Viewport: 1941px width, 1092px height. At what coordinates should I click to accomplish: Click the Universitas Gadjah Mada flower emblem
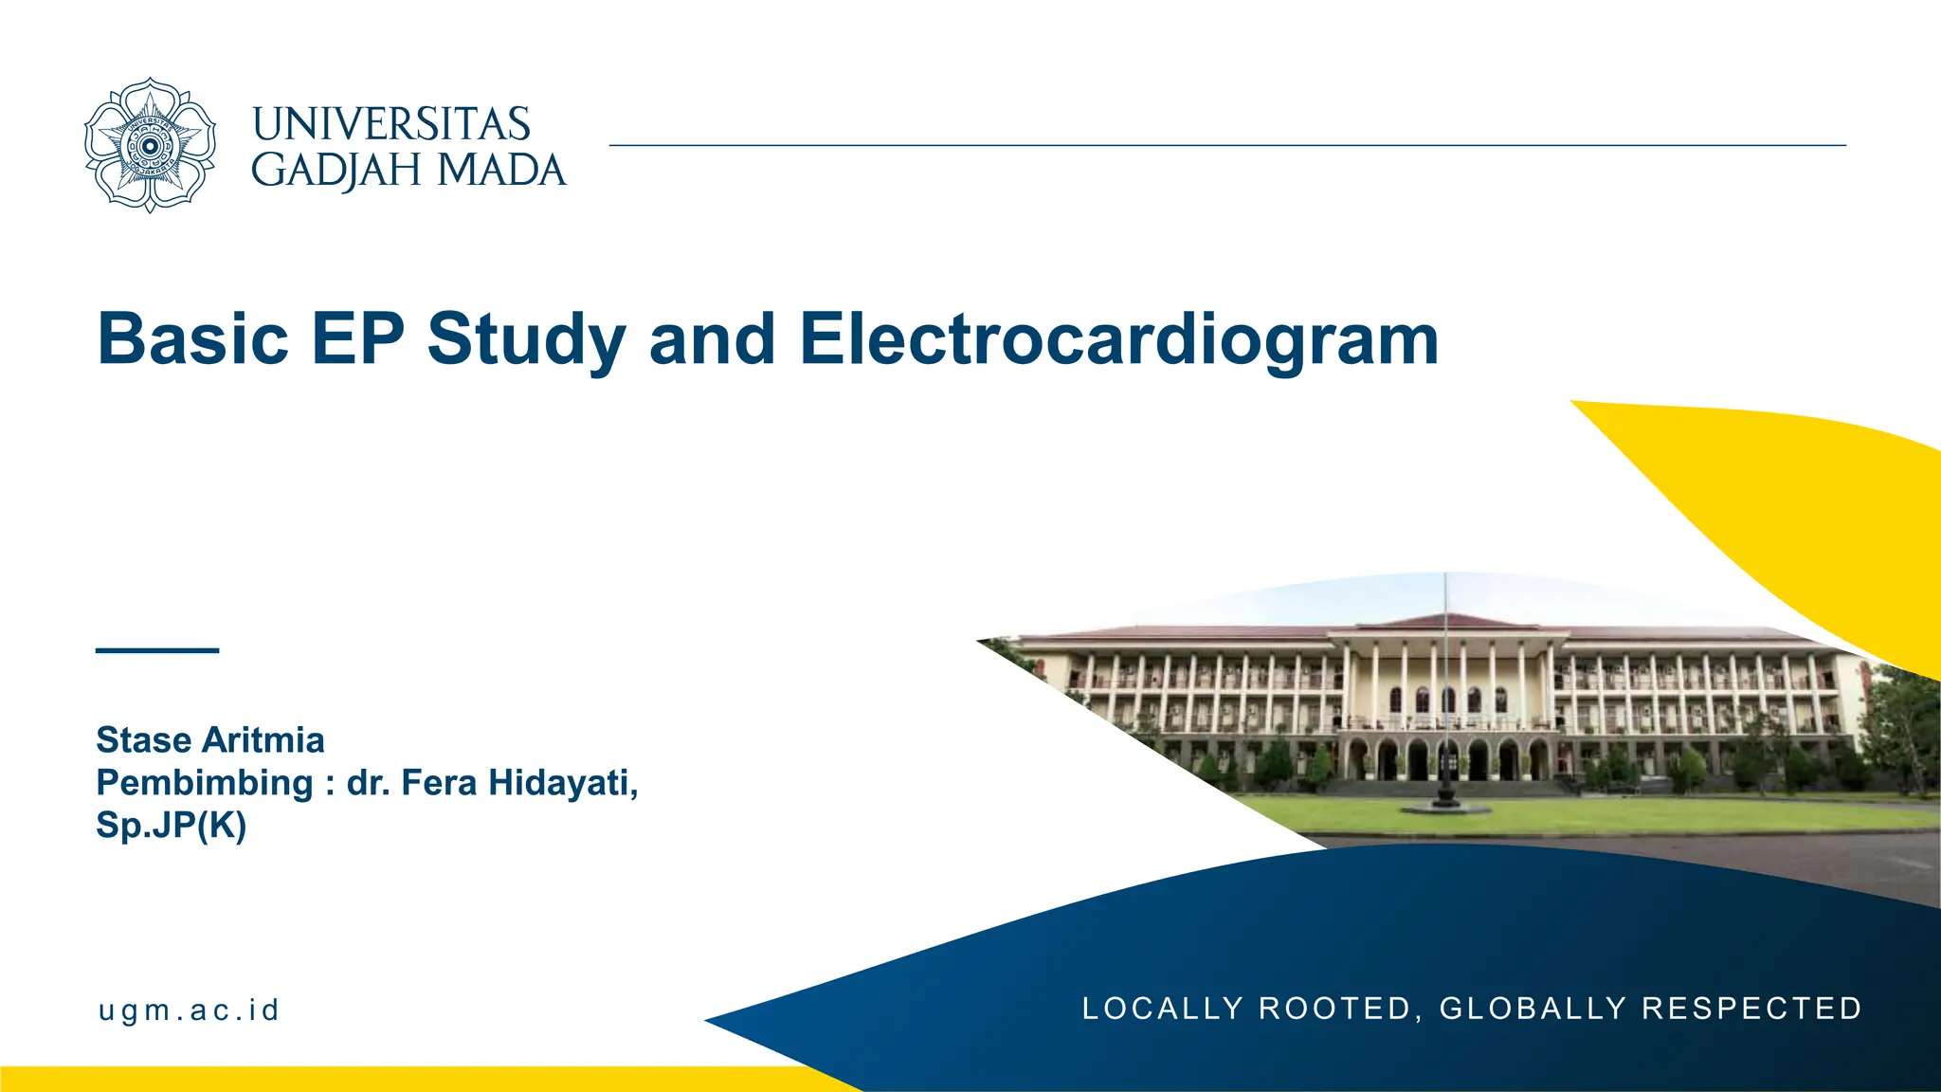[x=150, y=145]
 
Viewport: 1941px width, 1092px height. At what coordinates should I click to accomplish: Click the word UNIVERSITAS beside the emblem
[x=390, y=125]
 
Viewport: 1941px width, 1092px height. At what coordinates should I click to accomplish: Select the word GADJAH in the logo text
[x=336, y=171]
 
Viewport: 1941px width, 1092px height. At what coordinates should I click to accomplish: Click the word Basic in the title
[x=192, y=338]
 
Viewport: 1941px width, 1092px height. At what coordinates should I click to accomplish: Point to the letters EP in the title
[x=357, y=338]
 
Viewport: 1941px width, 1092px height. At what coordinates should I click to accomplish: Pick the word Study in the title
[x=526, y=340]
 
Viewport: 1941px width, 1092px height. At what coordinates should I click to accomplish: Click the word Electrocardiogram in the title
[x=1118, y=340]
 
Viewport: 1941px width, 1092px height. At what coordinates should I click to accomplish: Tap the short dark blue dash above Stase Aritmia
[x=157, y=650]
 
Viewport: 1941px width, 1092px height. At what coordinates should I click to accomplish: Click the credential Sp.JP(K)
[x=172, y=826]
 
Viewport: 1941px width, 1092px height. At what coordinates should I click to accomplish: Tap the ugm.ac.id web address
[x=189, y=1010]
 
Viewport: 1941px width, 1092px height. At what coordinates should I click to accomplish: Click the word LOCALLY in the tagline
[x=1162, y=1009]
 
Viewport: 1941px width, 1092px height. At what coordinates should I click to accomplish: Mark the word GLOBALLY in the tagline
[x=1533, y=1009]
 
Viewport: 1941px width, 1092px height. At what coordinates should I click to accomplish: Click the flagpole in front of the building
[x=1445, y=682]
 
